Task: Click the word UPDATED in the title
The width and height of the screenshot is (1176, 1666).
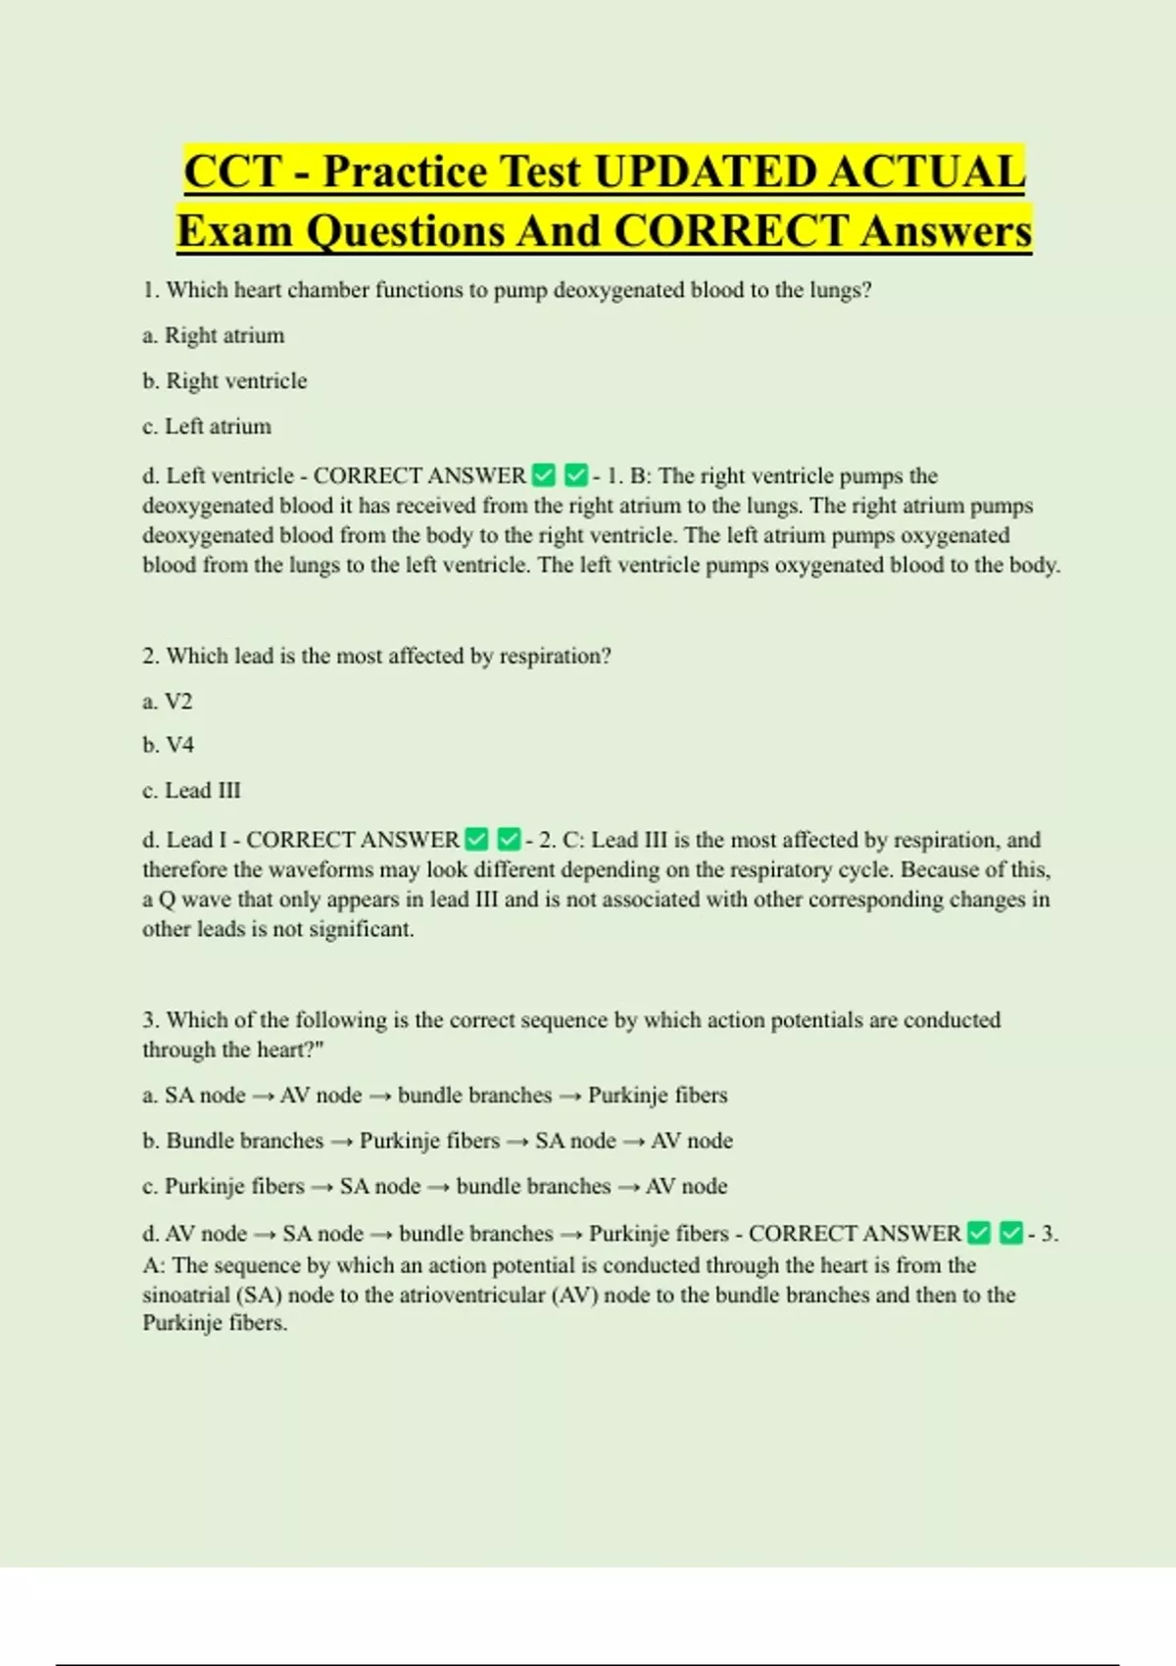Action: (x=705, y=171)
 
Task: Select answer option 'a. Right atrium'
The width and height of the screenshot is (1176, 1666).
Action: (x=214, y=335)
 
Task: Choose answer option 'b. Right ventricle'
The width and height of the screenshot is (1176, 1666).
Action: (x=224, y=381)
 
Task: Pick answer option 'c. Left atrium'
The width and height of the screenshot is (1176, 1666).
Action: (x=207, y=426)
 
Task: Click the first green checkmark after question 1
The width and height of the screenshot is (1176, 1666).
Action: (x=543, y=476)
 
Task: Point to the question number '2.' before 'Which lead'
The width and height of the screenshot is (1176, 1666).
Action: (x=151, y=656)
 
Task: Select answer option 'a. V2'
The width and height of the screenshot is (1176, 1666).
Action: (x=168, y=702)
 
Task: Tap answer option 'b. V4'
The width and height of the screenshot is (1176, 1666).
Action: (x=169, y=745)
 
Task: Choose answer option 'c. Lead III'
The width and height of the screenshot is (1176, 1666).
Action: (x=191, y=791)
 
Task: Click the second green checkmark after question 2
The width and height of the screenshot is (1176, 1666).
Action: (x=509, y=840)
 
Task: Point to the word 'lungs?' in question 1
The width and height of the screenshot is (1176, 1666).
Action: (x=840, y=290)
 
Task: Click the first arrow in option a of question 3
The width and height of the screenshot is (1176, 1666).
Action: (x=263, y=1097)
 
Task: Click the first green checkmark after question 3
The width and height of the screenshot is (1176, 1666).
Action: (x=978, y=1233)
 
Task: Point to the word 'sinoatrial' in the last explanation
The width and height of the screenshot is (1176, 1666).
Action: (x=185, y=1295)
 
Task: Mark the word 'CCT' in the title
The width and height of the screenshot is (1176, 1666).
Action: (x=232, y=171)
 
